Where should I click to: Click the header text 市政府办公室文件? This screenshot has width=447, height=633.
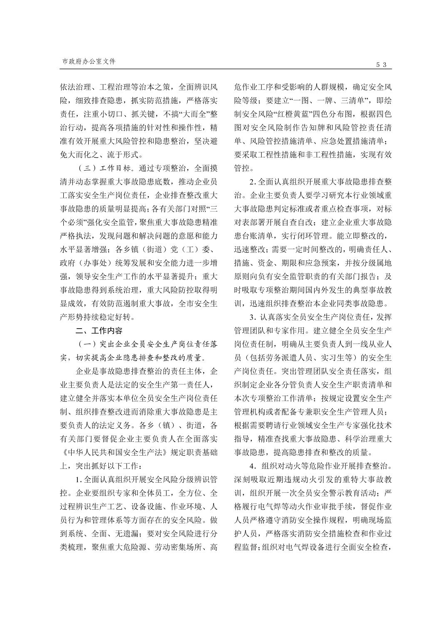(89, 61)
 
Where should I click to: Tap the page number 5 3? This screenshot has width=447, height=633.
(382, 65)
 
